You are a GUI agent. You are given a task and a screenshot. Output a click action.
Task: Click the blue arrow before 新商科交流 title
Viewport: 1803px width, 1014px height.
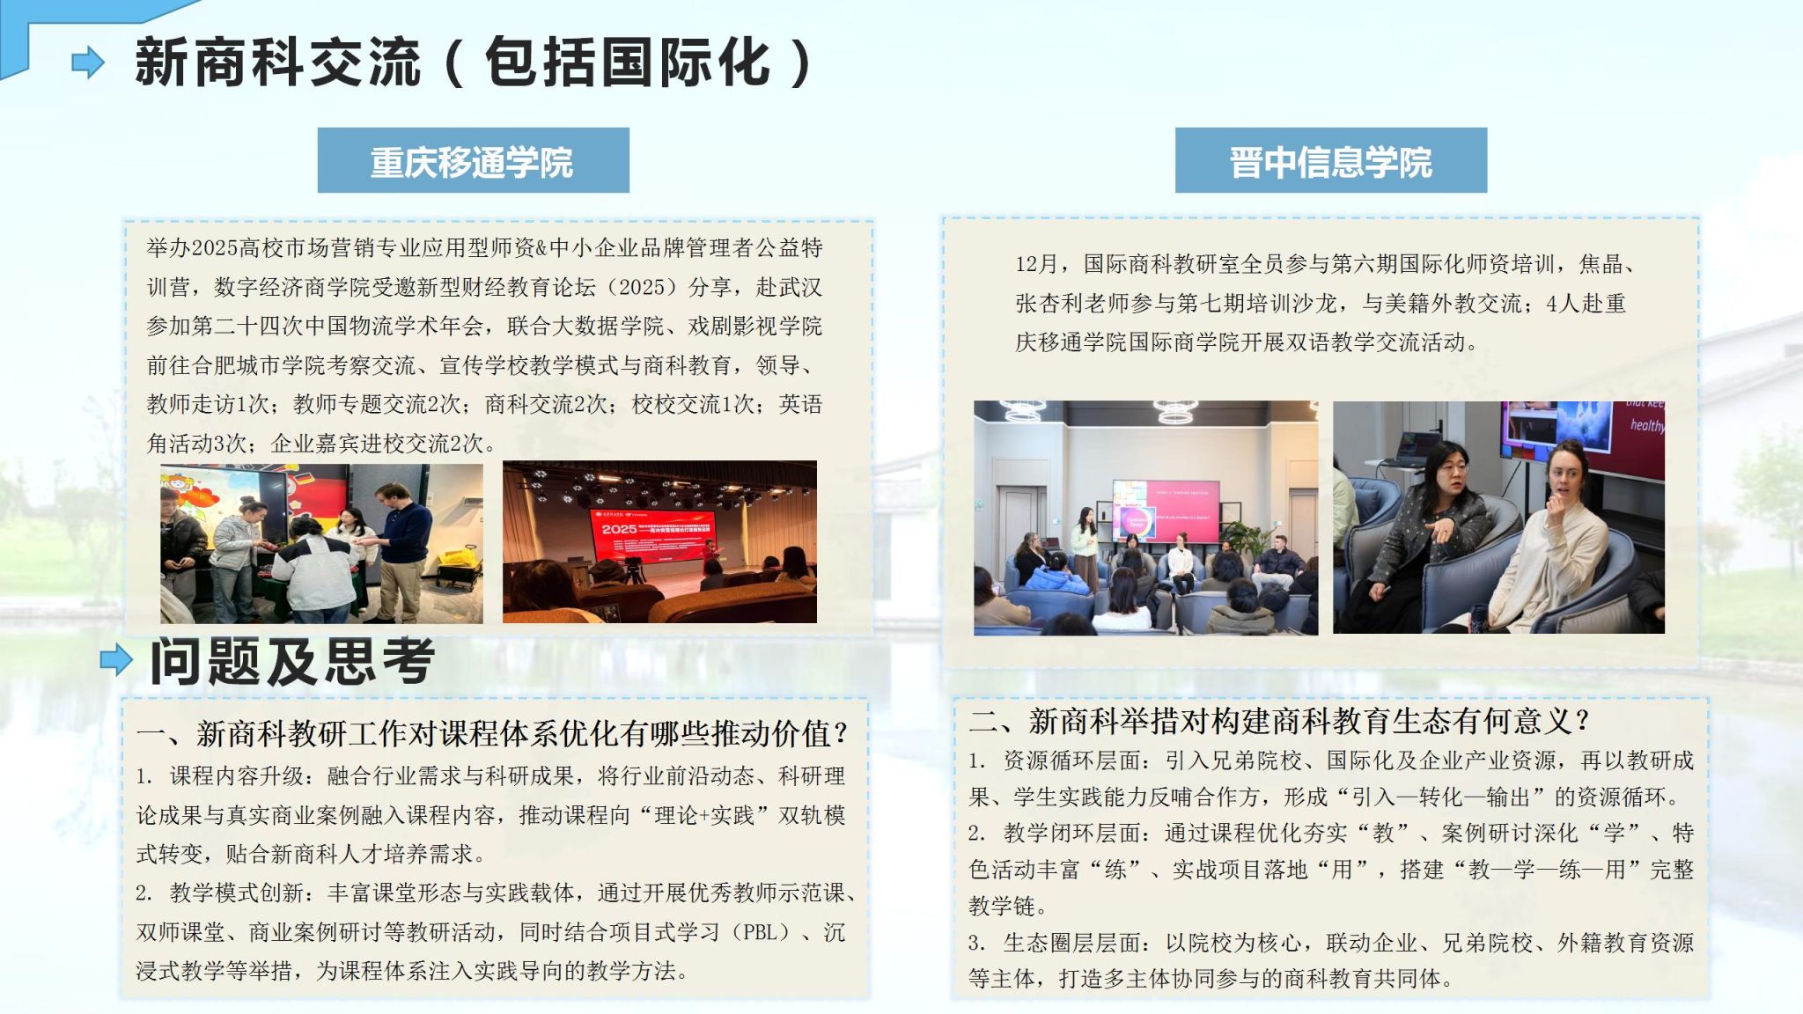point(88,62)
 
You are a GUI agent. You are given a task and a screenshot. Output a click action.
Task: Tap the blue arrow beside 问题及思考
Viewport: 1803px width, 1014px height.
point(116,660)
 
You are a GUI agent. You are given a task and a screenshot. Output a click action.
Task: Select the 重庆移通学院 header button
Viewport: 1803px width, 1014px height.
point(473,160)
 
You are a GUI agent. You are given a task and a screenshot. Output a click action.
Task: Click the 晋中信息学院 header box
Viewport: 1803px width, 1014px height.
point(1330,160)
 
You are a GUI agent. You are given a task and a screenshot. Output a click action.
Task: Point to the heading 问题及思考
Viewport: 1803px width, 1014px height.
point(292,661)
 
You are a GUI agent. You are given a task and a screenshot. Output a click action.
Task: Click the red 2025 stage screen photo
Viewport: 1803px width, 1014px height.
point(659,541)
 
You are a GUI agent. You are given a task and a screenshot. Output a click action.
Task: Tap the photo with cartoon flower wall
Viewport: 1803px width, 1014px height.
point(321,544)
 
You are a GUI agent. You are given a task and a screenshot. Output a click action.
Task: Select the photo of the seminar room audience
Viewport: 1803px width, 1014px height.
point(1145,518)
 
